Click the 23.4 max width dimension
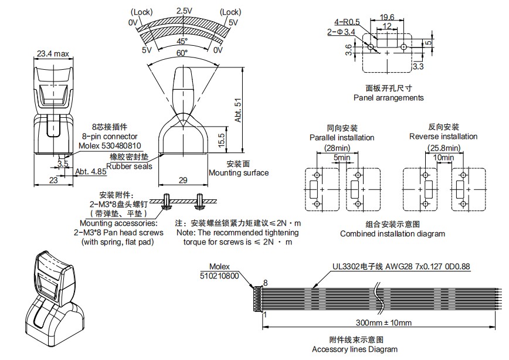[53, 54]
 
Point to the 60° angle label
[183, 53]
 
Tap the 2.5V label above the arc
[184, 11]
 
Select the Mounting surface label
[239, 172]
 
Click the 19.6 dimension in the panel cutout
[387, 18]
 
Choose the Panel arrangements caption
[388, 98]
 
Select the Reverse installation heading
[443, 137]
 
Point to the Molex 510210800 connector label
[219, 270]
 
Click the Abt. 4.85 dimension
[91, 171]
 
